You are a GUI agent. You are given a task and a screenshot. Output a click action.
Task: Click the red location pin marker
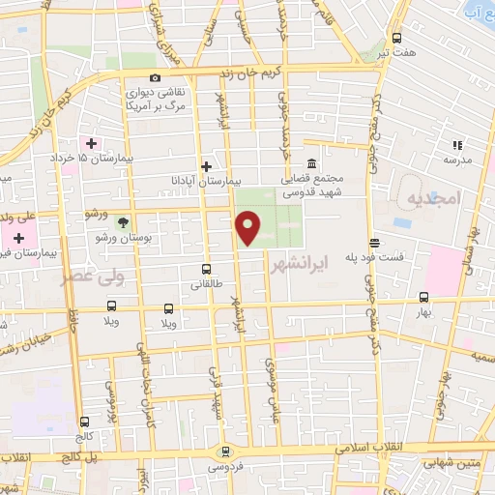[x=249, y=228]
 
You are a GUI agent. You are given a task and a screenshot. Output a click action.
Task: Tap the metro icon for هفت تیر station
[x=396, y=38]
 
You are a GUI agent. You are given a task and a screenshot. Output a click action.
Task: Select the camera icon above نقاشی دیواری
[x=155, y=78]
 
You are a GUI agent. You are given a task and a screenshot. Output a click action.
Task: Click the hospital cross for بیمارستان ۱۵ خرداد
[x=91, y=144]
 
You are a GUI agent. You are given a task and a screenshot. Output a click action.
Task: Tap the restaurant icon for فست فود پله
[x=374, y=242]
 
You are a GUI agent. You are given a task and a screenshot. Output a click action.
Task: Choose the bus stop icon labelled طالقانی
[x=206, y=269]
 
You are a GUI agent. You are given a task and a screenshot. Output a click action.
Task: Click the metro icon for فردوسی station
[x=224, y=451]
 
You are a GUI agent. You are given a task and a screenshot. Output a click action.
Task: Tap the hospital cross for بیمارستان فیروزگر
[x=18, y=237]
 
